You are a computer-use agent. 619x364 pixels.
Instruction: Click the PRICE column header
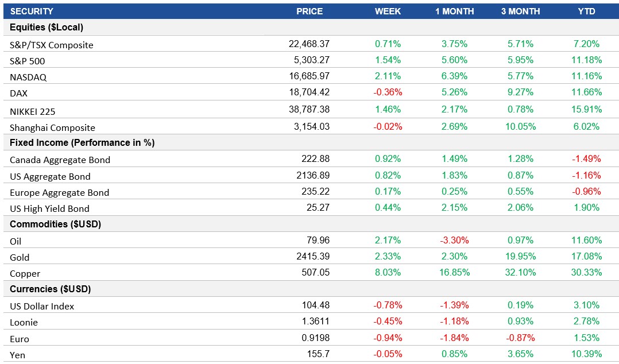(309, 11)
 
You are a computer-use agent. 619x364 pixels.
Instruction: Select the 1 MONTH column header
(454, 11)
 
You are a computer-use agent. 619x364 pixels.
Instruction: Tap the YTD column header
(586, 11)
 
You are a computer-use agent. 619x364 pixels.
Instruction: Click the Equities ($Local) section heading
(47, 28)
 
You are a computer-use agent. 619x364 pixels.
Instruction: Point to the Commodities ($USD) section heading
(56, 224)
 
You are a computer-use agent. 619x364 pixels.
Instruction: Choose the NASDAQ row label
(28, 77)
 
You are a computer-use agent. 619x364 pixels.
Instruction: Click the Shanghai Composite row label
(52, 127)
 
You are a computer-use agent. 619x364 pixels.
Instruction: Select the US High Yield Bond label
(49, 208)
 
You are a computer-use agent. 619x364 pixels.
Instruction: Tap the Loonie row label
(24, 322)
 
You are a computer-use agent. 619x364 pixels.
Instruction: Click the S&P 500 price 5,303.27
(309, 60)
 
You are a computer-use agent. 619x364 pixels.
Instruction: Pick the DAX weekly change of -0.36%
(388, 92)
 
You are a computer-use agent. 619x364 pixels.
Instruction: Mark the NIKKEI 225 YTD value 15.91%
(586, 110)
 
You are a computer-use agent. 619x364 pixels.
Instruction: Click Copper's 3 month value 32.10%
(520, 273)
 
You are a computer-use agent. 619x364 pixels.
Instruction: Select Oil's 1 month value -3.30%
(454, 241)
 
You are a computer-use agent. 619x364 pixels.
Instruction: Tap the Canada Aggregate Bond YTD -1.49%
(586, 159)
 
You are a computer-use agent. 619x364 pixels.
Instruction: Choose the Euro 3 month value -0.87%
(520, 338)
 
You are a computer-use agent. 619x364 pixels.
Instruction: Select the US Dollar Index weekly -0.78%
(388, 305)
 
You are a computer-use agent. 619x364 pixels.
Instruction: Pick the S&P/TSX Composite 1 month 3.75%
(454, 44)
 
